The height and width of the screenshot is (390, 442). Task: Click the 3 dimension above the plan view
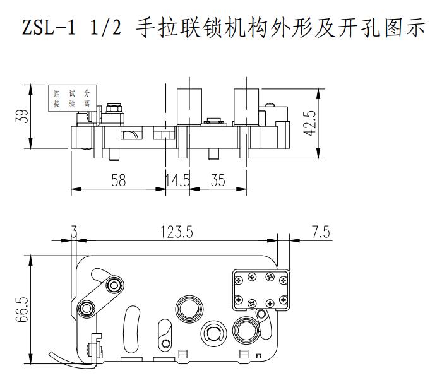pos(75,232)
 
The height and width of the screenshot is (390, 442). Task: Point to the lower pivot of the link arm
pos(86,308)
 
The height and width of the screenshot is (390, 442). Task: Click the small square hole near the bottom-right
pos(259,357)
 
